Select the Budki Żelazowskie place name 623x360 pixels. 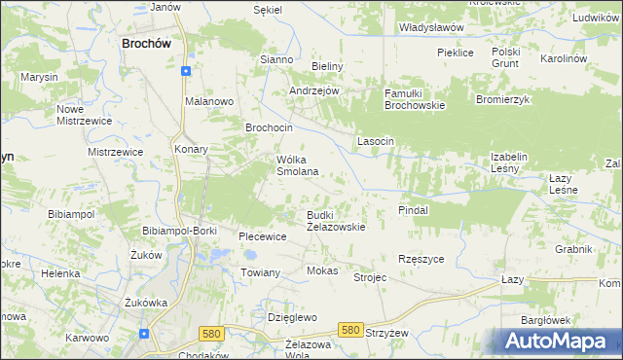(x=336, y=220)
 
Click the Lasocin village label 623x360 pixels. (x=375, y=141)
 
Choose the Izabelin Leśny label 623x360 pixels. (x=508, y=162)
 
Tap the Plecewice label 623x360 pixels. (x=263, y=235)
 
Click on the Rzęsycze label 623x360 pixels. (x=421, y=259)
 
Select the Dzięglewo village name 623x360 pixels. (x=293, y=317)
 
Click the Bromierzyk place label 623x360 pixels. (x=501, y=99)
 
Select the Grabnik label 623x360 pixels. (x=574, y=249)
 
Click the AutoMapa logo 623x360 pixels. (x=560, y=342)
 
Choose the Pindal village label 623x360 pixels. (x=414, y=209)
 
